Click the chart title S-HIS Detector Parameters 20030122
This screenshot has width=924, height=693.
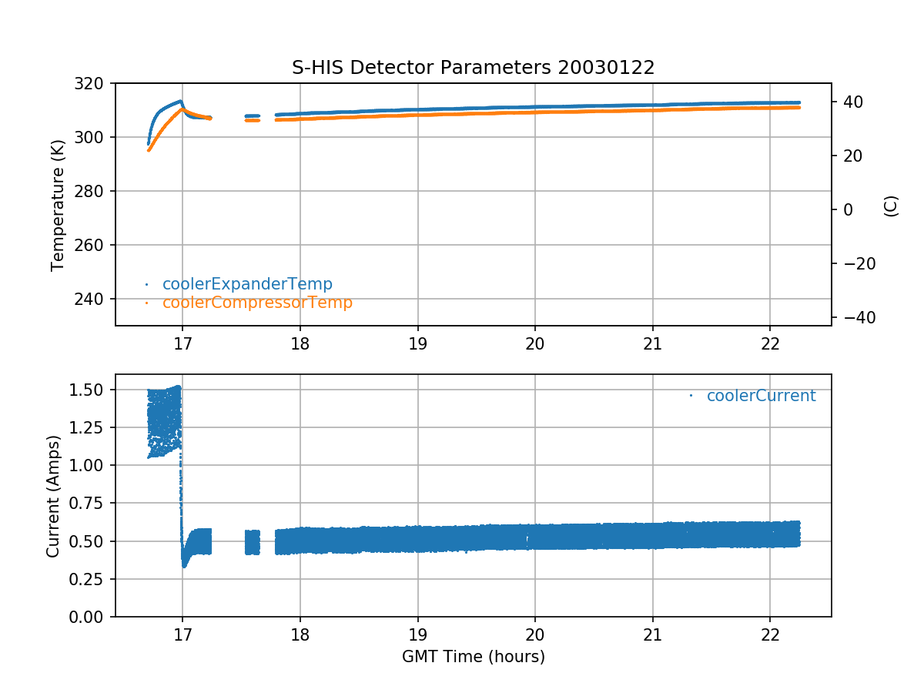[x=473, y=68]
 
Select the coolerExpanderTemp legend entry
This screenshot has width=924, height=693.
[x=247, y=284]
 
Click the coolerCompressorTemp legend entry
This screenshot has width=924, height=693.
[x=257, y=303]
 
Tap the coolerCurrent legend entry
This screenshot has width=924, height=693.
[x=761, y=396]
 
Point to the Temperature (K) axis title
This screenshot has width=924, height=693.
[x=57, y=204]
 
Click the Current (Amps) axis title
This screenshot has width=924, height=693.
[x=52, y=495]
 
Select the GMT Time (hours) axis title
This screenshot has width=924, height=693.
[x=473, y=657]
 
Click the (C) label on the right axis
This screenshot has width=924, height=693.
[x=891, y=206]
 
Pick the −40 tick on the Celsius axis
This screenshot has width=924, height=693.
[x=855, y=317]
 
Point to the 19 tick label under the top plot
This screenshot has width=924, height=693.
[x=417, y=342]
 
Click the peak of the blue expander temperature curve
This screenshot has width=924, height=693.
[x=181, y=101]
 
